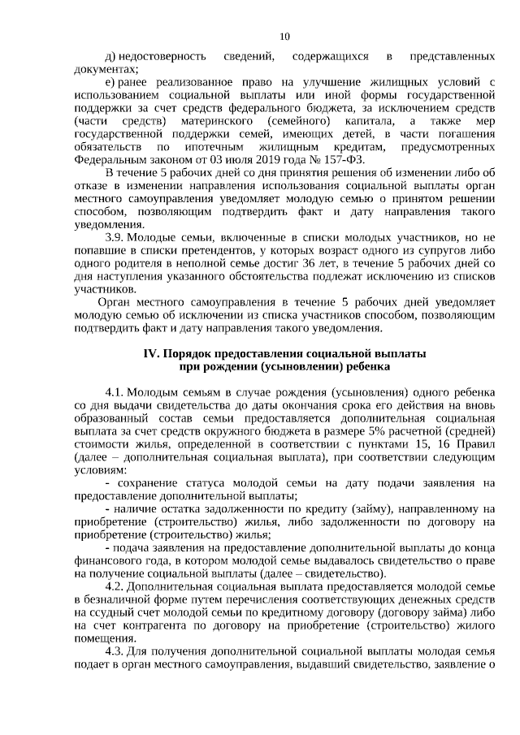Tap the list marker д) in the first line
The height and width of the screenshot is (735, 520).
[111, 58]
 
